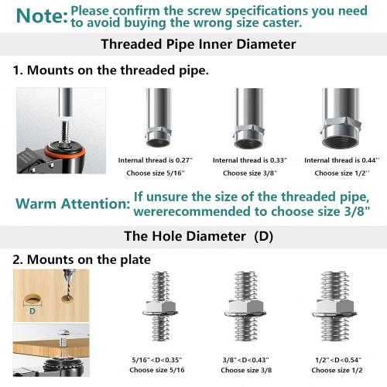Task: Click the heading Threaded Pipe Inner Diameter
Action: [x=198, y=44]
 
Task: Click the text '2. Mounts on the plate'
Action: [x=81, y=259]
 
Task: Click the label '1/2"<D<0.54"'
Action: [x=338, y=359]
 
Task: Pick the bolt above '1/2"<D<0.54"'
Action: [x=335, y=310]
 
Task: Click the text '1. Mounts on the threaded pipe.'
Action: [x=110, y=70]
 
